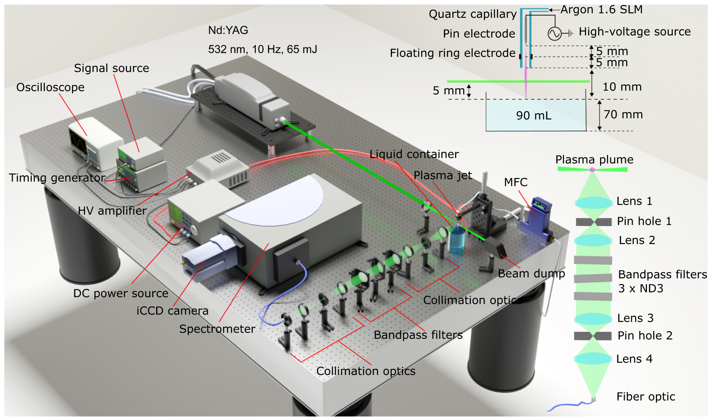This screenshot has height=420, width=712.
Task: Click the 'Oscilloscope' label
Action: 50,87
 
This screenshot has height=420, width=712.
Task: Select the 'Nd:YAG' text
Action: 228,30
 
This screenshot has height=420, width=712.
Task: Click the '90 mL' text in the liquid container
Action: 534,115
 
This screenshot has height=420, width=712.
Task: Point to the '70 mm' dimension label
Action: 623,115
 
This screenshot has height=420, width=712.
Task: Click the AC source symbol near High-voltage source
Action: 554,33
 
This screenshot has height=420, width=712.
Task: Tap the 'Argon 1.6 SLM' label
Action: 601,9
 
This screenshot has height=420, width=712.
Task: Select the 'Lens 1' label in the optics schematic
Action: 634,201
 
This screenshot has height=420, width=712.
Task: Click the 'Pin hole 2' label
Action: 645,336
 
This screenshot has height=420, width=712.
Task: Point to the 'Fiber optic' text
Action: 645,397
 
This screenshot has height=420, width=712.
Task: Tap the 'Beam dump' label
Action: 531,274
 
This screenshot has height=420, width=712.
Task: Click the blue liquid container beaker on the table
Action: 457,241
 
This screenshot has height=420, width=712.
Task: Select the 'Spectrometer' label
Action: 217,329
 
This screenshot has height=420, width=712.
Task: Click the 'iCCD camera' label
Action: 172,311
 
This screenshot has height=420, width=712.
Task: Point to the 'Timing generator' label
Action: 57,178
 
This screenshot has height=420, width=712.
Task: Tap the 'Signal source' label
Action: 111,68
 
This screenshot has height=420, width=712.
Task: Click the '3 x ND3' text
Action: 640,288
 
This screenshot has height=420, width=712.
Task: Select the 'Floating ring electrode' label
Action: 452,53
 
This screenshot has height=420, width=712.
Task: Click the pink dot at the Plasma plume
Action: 592,170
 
